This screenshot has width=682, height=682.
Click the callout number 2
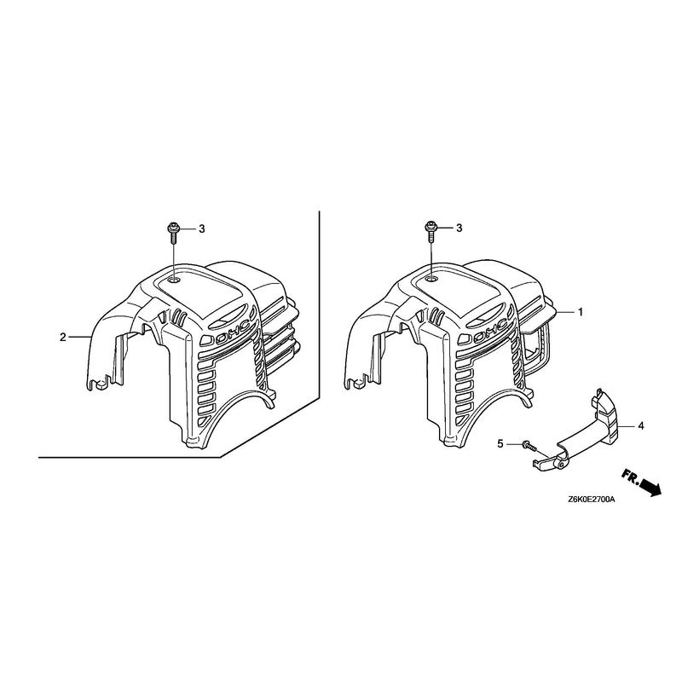pyautogui.click(x=62, y=337)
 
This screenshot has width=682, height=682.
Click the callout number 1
pyautogui.click(x=581, y=312)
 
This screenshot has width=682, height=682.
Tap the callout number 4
pyautogui.click(x=641, y=425)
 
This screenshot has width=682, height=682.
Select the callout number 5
pyautogui.click(x=500, y=444)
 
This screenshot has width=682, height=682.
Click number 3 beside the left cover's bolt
pyautogui.click(x=202, y=228)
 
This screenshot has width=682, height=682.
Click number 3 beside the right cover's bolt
pyautogui.click(x=459, y=228)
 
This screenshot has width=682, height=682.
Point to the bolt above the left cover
pyautogui.click(x=173, y=234)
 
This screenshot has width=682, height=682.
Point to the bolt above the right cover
pyautogui.click(x=431, y=232)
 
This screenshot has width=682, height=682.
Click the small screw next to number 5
pyautogui.click(x=529, y=445)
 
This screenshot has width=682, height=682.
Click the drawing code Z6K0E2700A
pyautogui.click(x=591, y=500)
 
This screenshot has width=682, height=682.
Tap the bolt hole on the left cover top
pyautogui.click(x=175, y=280)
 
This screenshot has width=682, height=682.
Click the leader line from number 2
pyautogui.click(x=79, y=337)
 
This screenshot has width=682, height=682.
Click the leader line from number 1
pyautogui.click(x=565, y=312)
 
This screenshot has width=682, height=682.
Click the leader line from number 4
pyautogui.click(x=628, y=425)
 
